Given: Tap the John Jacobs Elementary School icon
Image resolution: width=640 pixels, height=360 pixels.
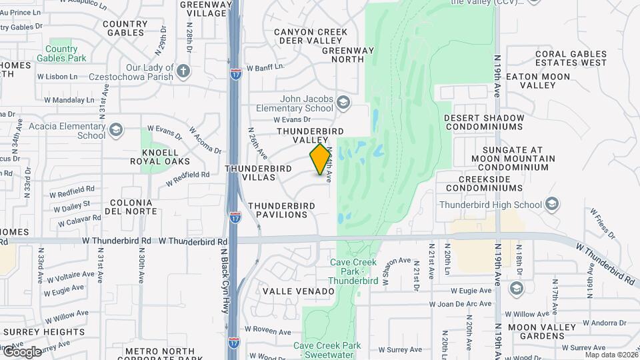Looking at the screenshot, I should click(343, 102).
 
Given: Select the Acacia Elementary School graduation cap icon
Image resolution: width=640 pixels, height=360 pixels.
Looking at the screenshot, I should click(117, 129).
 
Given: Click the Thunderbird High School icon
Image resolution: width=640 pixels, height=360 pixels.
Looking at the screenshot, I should click(551, 204).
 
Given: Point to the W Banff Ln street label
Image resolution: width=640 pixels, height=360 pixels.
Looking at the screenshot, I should click(265, 67).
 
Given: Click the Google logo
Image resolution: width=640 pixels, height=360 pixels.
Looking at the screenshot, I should click(21, 352).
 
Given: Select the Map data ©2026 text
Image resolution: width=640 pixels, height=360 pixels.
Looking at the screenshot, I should click(611, 355).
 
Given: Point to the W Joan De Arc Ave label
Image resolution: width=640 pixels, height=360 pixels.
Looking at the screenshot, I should click(460, 304).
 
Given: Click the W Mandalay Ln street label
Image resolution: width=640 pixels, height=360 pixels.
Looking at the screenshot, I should click(69, 101).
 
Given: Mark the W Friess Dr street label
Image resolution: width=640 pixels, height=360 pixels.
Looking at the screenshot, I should click(601, 223).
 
